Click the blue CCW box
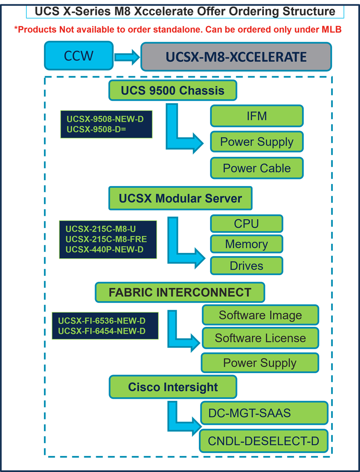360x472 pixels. coord(79,56)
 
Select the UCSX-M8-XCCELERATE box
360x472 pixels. coord(236,57)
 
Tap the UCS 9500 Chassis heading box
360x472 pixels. coord(172,90)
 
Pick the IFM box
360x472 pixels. coord(257,116)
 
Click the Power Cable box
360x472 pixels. coord(257,168)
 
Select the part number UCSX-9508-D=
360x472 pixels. coord(96,129)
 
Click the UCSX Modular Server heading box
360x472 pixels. coord(180,198)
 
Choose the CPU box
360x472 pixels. coord(246,224)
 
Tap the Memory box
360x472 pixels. coord(246,244)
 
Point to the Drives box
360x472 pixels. coord(246,266)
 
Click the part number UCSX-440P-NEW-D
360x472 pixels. coord(104,249)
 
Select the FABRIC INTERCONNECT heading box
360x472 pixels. coord(180,292)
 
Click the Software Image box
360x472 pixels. coord(260,315)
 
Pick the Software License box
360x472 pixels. coord(260,338)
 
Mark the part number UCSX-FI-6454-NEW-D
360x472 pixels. coord(102,331)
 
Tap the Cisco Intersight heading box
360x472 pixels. coord(173,387)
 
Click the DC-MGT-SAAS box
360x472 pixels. coord(264,413)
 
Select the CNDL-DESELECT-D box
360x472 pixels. coord(264,441)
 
